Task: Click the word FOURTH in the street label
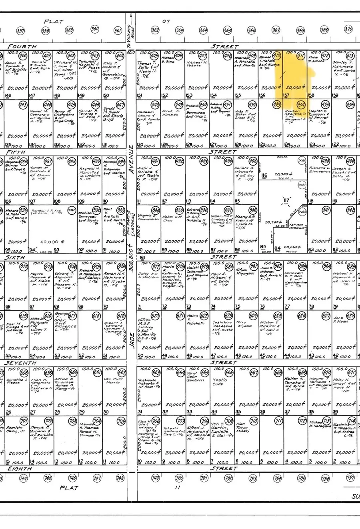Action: (22, 47)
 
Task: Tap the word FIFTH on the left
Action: (16, 152)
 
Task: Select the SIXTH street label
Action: (15, 258)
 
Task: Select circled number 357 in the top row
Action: (21, 30)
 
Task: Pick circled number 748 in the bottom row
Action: (120, 478)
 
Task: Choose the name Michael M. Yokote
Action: (196, 64)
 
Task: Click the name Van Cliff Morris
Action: (113, 380)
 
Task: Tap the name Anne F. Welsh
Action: (341, 320)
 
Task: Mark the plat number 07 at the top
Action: (166, 21)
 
